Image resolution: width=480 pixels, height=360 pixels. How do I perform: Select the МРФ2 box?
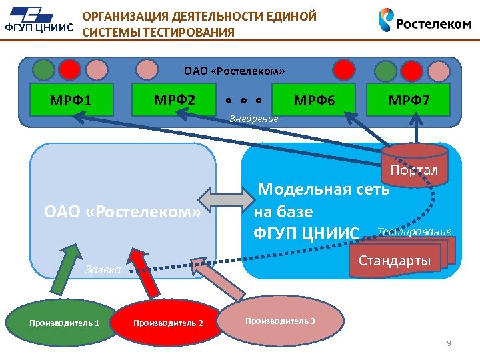[x=175, y=100]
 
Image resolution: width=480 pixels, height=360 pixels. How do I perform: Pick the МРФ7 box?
[x=409, y=101]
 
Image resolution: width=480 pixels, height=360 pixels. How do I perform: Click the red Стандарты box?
[x=395, y=260]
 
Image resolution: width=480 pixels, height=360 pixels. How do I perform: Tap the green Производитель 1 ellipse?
[x=64, y=323]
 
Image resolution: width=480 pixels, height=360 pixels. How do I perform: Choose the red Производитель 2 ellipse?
[x=168, y=323]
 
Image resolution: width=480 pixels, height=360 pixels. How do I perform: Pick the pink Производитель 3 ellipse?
[x=280, y=320]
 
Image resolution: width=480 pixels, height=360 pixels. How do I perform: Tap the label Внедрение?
[x=253, y=119]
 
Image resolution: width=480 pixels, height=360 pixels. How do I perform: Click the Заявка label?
[x=103, y=269]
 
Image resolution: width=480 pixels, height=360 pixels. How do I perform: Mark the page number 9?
[x=449, y=343]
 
